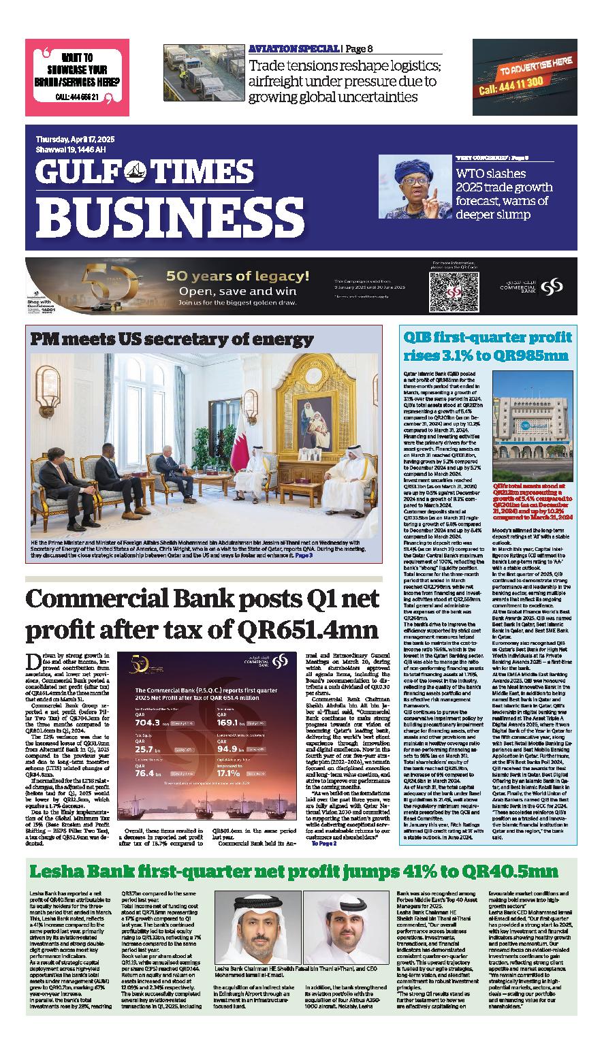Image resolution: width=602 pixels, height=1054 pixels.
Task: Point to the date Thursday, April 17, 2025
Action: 76,139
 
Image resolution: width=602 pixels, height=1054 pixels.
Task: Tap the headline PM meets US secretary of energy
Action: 171,338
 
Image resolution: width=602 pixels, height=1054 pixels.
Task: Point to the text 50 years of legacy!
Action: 238,276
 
